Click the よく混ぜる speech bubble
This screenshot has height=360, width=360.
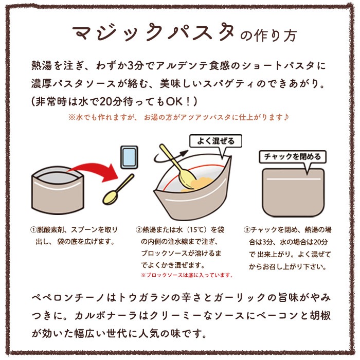(x=215, y=141)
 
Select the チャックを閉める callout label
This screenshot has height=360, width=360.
(x=292, y=156)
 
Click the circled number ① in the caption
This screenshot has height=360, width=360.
(x=34, y=229)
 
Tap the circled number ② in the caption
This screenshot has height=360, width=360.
(x=139, y=229)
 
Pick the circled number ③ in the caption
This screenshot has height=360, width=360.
(x=247, y=229)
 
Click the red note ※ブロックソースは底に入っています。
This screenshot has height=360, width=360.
(x=186, y=275)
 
